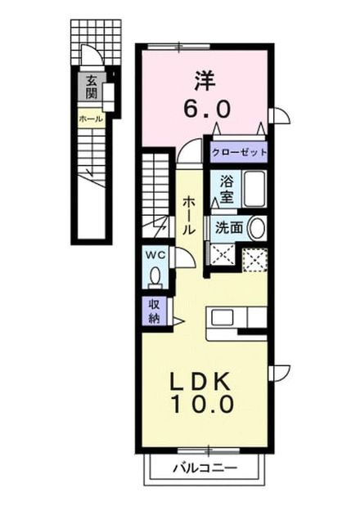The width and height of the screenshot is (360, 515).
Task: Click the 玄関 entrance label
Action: [x=91, y=87]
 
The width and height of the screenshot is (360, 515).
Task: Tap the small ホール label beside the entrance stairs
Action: [x=91, y=119]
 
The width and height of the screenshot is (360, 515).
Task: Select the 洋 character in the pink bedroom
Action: [x=205, y=81]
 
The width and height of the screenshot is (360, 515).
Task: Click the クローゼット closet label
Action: [x=239, y=152]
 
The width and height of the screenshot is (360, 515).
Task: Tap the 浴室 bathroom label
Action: [x=227, y=189]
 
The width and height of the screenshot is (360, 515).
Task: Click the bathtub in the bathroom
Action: [x=254, y=189]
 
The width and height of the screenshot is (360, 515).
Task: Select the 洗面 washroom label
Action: [x=229, y=228]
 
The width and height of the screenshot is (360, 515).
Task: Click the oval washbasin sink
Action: [x=257, y=228]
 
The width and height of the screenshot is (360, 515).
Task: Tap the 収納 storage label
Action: [x=155, y=311]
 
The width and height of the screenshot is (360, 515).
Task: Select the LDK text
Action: [x=200, y=383]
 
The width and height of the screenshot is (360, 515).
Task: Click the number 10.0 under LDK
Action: [x=202, y=404]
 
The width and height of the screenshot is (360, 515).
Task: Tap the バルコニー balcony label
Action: [x=205, y=468]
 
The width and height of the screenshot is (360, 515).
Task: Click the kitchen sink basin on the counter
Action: [x=223, y=318]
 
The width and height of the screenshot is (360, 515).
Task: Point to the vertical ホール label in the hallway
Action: [x=189, y=215]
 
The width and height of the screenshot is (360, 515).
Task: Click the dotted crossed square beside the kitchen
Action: [x=254, y=260]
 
